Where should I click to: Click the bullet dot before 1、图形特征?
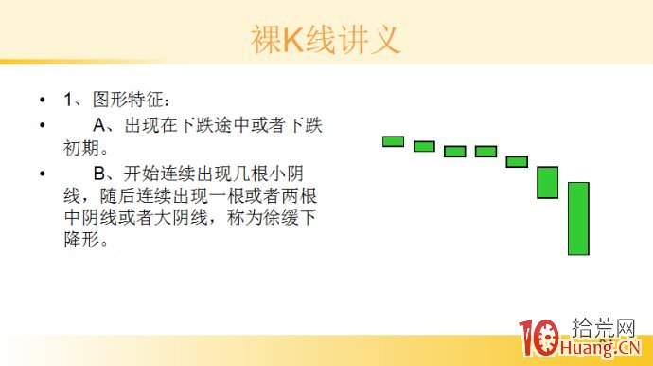tap(42, 100)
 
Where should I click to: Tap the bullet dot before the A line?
tap(42, 125)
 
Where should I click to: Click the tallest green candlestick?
tap(578, 218)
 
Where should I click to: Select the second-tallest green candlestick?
tap(547, 182)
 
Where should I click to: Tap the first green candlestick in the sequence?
tap(393, 141)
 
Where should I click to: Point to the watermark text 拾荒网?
tap(606, 328)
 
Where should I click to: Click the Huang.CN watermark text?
tap(607, 349)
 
